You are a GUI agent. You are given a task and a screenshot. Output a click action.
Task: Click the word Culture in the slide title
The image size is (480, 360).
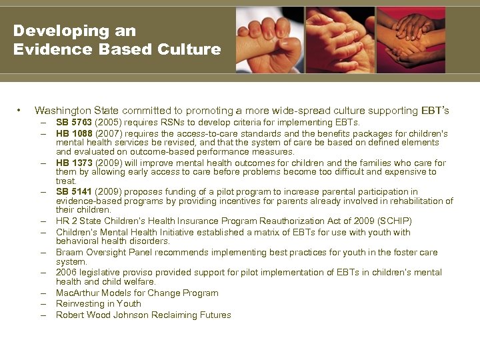point(189,49)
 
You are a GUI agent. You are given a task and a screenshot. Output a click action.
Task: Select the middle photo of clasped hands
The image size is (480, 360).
point(339,40)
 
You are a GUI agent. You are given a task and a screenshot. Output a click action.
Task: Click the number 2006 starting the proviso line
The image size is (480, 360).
point(67,273)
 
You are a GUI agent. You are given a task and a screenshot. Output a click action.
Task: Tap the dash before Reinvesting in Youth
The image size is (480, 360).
point(42,304)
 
